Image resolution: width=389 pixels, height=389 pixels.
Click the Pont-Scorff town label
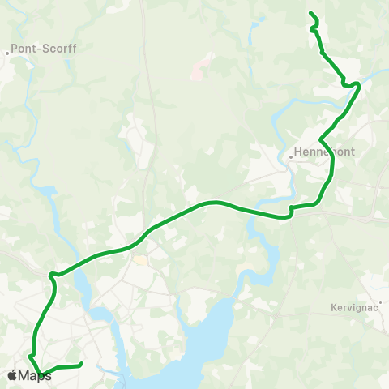click(x=44, y=49)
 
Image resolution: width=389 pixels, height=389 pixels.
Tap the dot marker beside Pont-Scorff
click(x=7, y=54)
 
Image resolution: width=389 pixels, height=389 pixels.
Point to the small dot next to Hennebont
click(x=290, y=156)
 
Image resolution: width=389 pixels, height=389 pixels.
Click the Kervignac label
click(x=355, y=308)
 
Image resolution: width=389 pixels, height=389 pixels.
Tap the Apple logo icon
click(x=12, y=375)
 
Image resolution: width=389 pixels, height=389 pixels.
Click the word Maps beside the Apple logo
click(x=34, y=375)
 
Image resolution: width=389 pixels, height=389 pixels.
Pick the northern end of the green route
click(x=311, y=13)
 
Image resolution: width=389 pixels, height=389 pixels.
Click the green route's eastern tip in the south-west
click(x=82, y=365)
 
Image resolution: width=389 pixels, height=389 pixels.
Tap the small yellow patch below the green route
click(x=142, y=261)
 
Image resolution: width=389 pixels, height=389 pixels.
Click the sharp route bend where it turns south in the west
click(x=51, y=274)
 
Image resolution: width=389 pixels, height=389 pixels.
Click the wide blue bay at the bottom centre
click(x=203, y=340)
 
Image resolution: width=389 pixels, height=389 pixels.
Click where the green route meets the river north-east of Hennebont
click(x=357, y=85)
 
